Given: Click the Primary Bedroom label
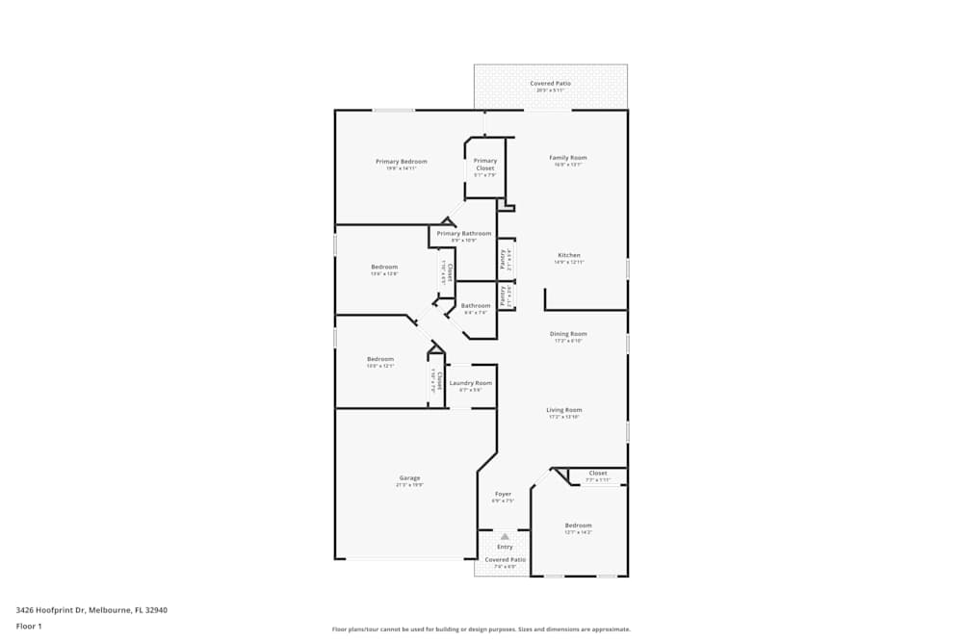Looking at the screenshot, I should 401,162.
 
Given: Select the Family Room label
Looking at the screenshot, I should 568,158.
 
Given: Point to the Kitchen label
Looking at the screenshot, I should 569,255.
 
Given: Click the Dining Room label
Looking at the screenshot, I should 568,334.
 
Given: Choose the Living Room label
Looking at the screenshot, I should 564,410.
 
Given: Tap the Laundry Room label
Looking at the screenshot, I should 471,383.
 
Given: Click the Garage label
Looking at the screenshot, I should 409,478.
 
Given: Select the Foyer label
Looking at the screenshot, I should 503,494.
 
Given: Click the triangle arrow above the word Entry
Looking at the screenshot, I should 505,536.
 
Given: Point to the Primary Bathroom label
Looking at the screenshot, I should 464,233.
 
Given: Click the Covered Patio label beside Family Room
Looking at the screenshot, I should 551,84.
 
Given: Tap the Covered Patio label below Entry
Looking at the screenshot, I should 505,559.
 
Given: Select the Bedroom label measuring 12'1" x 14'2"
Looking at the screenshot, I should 578,526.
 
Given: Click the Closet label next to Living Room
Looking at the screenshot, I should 598,474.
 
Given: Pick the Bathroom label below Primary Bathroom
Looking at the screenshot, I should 476,306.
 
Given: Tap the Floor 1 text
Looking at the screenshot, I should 29,626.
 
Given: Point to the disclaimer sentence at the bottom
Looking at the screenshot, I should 481,629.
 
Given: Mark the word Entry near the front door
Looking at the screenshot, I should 505,547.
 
